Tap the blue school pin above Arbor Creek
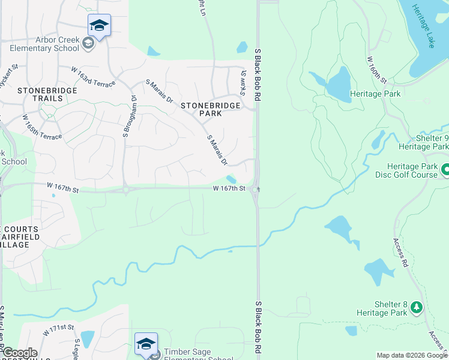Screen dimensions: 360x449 (x=99, y=26)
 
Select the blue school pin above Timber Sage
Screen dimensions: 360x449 (x=145, y=344)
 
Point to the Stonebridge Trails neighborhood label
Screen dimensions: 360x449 (x=31, y=94)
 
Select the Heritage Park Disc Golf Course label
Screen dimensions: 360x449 (x=413, y=170)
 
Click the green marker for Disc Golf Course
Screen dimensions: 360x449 (x=445, y=170)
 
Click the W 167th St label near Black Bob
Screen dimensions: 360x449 (x=229, y=188)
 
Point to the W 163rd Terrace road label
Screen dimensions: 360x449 (x=92, y=77)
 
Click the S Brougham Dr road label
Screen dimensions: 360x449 (x=127, y=115)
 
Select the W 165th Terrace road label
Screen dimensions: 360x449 (x=42, y=128)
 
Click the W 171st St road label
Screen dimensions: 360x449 (x=58, y=330)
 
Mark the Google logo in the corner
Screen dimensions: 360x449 (x=20, y=353)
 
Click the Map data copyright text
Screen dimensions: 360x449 (x=411, y=355)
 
